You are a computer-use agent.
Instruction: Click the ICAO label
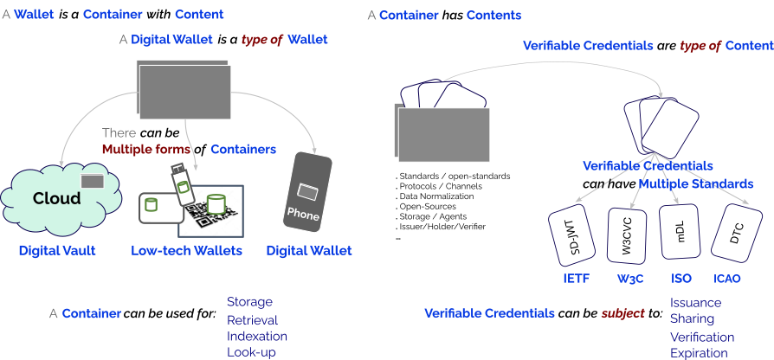click(x=726, y=279)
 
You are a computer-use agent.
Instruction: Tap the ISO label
click(x=681, y=279)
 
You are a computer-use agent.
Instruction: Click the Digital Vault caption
click(x=57, y=251)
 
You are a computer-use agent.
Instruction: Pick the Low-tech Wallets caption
click(x=186, y=251)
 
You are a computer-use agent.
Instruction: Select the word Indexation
click(x=257, y=336)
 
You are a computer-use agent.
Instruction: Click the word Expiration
click(x=699, y=353)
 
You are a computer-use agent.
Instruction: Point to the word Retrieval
click(x=252, y=319)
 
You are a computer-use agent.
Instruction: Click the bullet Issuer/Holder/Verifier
click(x=442, y=226)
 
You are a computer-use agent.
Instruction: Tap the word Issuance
click(x=696, y=303)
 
